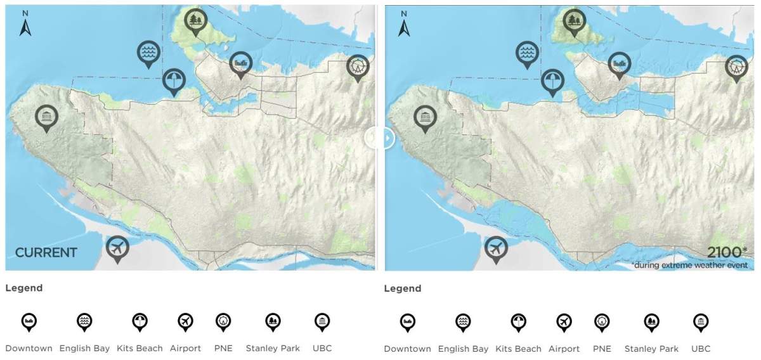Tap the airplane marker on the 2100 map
496,248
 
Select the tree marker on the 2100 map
575,22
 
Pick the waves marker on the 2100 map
526,55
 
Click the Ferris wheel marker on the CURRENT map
358,66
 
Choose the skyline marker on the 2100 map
620,64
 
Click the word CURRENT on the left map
46,253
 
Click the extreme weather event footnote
689,264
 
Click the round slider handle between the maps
379,138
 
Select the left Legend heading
24,288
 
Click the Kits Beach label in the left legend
140,348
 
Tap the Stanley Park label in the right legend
651,349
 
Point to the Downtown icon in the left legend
29,321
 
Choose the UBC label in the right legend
701,349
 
